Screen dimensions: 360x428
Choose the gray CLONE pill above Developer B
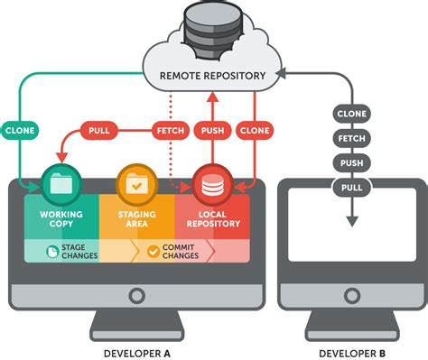click(350, 114)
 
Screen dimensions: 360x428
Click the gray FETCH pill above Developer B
click(350, 138)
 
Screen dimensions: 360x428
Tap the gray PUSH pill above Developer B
click(350, 162)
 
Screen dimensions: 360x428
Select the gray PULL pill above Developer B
click(350, 187)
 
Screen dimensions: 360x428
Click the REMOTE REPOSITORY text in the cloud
click(214, 77)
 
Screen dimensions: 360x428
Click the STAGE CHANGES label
click(68, 250)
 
